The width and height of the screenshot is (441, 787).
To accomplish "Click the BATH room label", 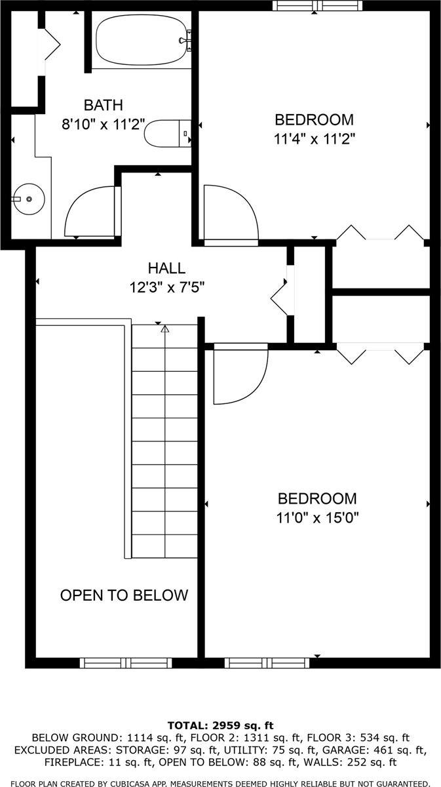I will pyautogui.click(x=103, y=105).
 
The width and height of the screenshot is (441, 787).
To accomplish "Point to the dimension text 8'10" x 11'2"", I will pyautogui.click(x=103, y=125).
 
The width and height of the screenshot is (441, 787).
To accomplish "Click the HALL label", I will pyautogui.click(x=166, y=268).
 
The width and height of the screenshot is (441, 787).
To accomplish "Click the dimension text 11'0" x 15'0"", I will pyautogui.click(x=317, y=517).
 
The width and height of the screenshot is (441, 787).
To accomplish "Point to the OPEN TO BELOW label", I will pyautogui.click(x=124, y=595).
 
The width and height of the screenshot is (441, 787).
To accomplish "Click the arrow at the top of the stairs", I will pyautogui.click(x=165, y=329).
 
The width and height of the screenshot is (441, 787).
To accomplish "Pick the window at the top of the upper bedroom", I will pyautogui.click(x=318, y=6).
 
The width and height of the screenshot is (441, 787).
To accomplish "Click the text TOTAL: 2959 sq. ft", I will pyautogui.click(x=220, y=725).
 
